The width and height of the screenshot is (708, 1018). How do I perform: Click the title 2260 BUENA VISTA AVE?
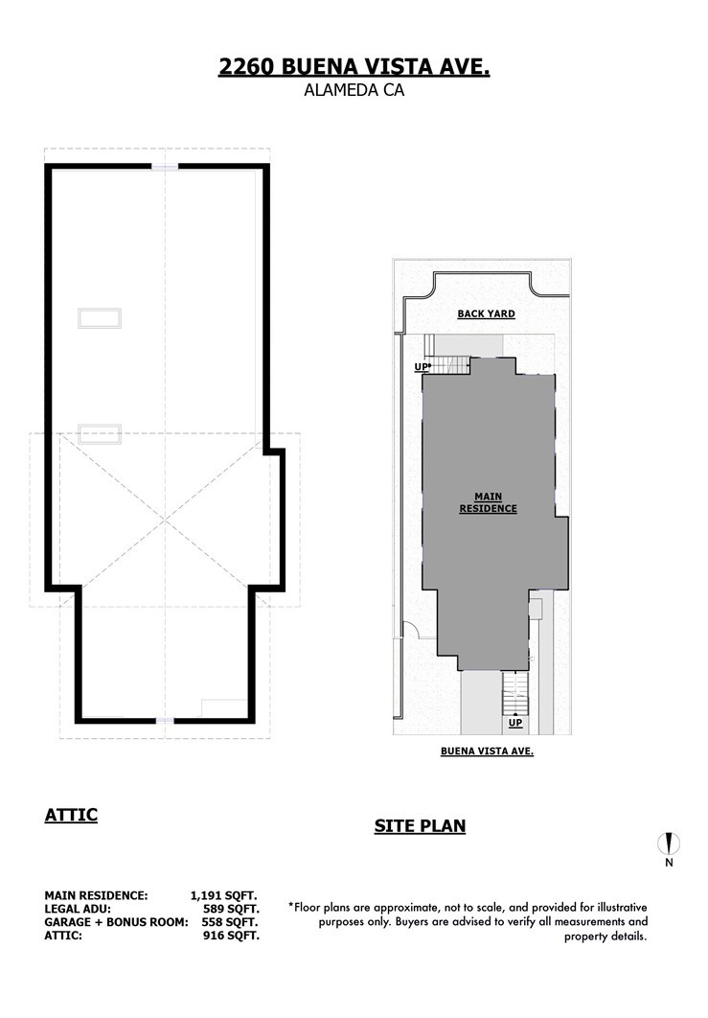click(x=354, y=67)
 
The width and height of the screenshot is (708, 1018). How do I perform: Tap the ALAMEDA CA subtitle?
click(x=354, y=90)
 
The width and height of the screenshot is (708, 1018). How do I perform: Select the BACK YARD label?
click(x=486, y=313)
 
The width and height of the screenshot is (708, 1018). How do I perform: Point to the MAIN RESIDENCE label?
click(x=488, y=503)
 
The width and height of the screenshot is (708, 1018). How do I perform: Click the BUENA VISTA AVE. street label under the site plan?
click(x=487, y=752)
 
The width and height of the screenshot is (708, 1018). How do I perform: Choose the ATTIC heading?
click(x=71, y=815)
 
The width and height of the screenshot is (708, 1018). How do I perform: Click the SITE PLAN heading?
click(x=420, y=826)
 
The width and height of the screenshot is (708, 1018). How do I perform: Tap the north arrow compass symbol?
click(x=669, y=844)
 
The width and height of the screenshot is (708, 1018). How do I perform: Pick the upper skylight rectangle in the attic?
click(x=100, y=318)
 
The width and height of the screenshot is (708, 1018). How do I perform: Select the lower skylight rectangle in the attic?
click(x=100, y=433)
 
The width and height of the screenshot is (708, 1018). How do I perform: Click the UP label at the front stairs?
click(x=515, y=723)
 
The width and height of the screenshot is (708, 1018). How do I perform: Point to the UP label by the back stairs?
click(x=422, y=367)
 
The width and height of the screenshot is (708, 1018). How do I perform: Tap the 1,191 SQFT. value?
click(x=224, y=896)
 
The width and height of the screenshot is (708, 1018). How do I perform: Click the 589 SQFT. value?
click(x=231, y=909)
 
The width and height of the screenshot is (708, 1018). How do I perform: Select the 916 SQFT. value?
click(x=231, y=936)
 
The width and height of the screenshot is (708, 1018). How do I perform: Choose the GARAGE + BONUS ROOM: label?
click(x=116, y=922)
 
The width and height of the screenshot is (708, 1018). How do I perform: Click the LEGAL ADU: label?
click(x=78, y=909)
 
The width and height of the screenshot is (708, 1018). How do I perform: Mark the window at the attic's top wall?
click(x=165, y=167)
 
